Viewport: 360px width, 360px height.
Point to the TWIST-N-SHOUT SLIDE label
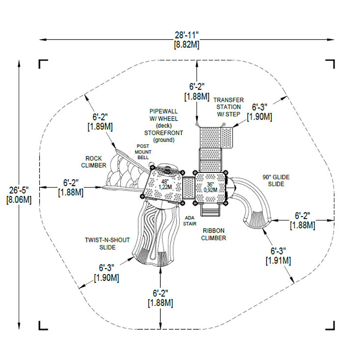(x=107, y=244)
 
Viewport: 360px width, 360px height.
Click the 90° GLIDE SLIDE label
(x=276, y=180)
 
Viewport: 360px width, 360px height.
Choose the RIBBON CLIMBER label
(x=214, y=234)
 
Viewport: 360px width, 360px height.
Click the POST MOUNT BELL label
(x=143, y=152)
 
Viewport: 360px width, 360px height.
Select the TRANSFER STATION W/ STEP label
(x=227, y=107)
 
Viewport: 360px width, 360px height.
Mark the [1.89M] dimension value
(x=100, y=126)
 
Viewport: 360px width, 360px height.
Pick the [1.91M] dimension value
(x=278, y=261)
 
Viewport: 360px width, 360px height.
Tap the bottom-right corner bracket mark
(x=330, y=326)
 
